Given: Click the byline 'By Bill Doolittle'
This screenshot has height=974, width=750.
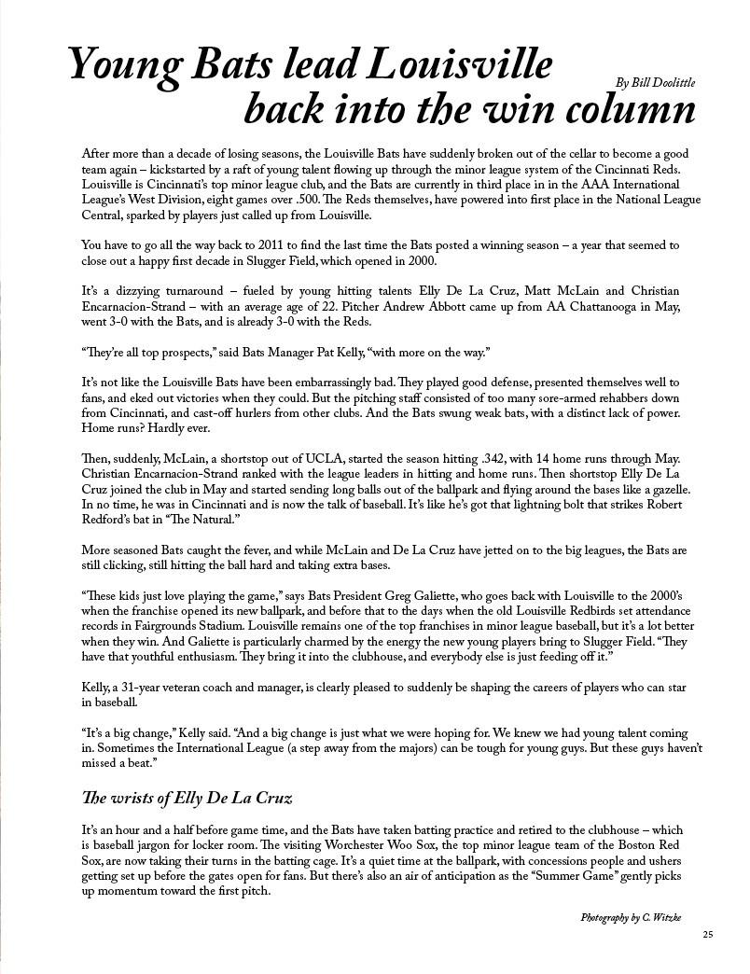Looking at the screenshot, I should point(656,83).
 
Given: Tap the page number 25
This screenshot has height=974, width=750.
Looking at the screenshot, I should point(709,935).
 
